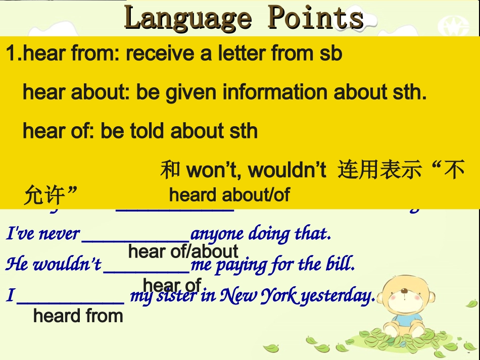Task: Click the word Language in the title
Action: click(x=187, y=18)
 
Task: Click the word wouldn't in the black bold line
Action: click(x=287, y=171)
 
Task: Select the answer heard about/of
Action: click(x=229, y=195)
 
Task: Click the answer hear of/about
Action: click(x=183, y=251)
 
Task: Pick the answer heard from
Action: click(x=78, y=316)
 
